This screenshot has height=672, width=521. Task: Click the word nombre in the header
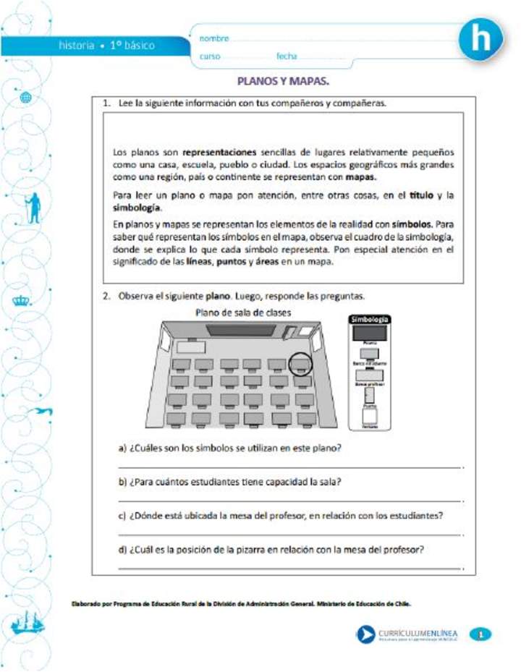pos(214,38)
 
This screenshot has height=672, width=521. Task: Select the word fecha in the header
pos(287,56)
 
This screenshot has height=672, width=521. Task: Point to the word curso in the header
pos(210,56)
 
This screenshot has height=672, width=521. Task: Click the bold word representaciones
pos(219,153)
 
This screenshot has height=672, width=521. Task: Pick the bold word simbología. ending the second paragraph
pos(137,207)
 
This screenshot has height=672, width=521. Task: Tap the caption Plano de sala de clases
pos(243,312)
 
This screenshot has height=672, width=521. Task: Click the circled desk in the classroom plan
pos(301,362)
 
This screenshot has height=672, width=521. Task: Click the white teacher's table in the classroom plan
pos(192,346)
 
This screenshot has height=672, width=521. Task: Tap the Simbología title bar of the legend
pos(370,319)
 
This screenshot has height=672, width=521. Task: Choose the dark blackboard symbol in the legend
pos(369,333)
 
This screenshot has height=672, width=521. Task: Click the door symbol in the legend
pos(369,396)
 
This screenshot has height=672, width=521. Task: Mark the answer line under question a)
pos(289,468)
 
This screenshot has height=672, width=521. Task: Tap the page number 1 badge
pos(480,634)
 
